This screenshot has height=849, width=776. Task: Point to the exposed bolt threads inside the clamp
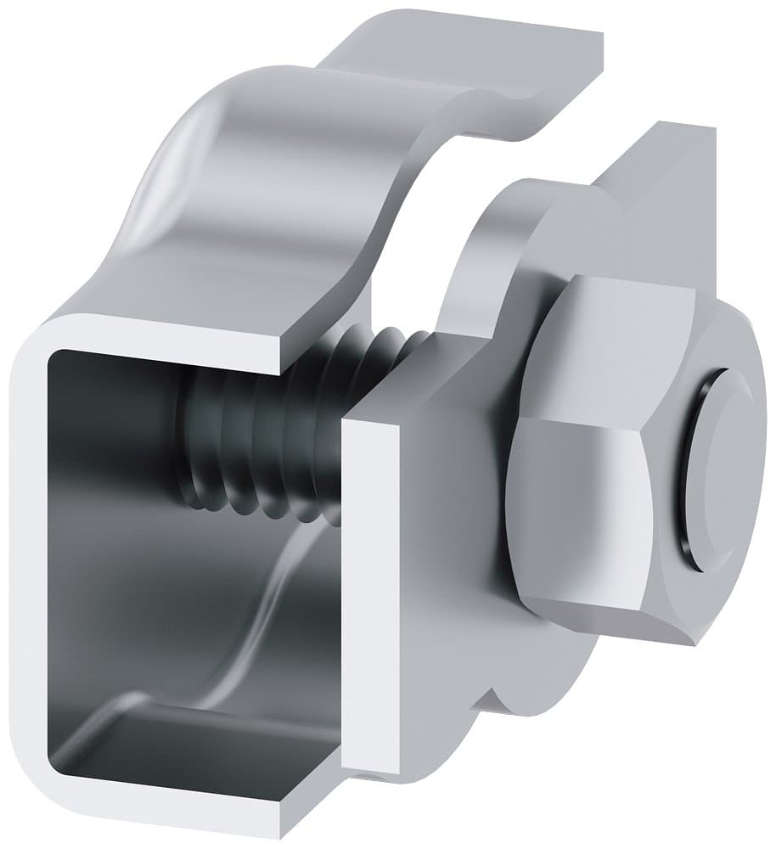pos(255,441)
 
